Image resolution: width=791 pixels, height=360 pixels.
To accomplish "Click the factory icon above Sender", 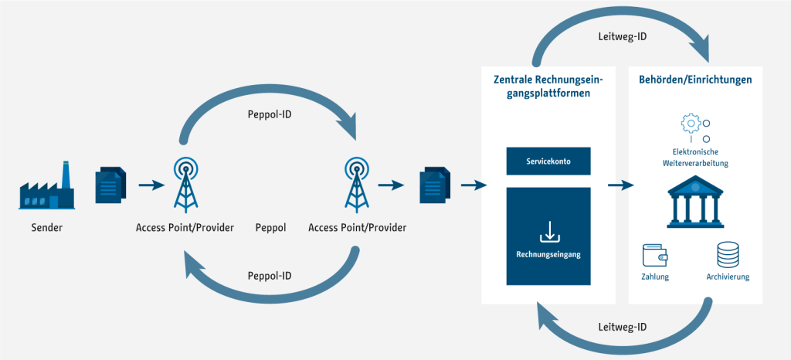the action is [47, 185].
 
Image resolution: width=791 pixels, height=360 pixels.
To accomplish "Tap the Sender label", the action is [47, 228].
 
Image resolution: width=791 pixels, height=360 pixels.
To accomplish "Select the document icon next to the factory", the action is [111, 185].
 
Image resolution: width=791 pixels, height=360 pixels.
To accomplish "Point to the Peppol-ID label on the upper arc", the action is [270, 114].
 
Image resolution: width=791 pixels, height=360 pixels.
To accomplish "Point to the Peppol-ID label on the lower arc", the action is [270, 277].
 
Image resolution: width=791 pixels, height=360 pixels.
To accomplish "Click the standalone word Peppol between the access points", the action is [271, 228].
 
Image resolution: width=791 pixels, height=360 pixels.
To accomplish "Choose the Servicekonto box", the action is [548, 161].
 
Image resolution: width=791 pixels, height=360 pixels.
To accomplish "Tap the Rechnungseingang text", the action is [548, 255].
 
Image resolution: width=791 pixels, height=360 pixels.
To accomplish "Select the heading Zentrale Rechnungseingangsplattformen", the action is [548, 87].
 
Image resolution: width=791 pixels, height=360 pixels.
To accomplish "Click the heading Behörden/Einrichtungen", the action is [696, 80].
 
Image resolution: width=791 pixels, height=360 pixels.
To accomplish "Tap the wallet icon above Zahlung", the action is [655, 255].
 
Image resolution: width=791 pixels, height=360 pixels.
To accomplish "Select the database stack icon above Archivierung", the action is [728, 255].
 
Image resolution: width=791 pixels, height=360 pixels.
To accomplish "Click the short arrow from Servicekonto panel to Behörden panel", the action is [620, 185].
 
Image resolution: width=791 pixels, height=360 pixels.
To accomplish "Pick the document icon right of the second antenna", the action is [434, 185].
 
